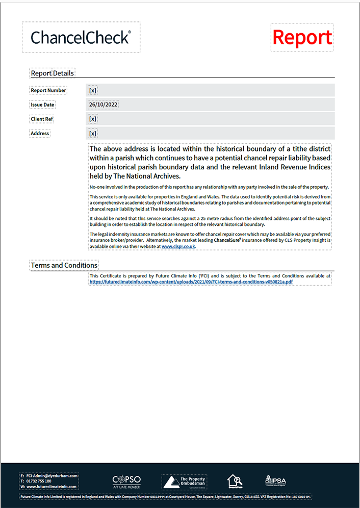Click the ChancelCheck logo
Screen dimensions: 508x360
click(x=81, y=37)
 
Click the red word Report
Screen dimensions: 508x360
click(x=302, y=37)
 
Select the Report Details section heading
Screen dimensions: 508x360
click(x=53, y=73)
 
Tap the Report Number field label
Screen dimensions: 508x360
click(x=48, y=90)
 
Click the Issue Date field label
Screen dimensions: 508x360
click(x=42, y=105)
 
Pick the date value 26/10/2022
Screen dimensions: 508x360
click(x=103, y=105)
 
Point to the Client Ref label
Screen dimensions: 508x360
click(x=42, y=119)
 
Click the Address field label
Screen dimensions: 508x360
click(x=40, y=133)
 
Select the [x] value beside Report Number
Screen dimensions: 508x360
click(x=92, y=90)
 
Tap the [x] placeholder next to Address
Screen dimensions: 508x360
click(x=92, y=133)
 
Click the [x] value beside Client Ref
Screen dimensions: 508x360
click(x=92, y=119)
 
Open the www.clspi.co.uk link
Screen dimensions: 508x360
click(x=178, y=246)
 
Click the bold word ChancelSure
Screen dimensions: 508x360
click(x=227, y=240)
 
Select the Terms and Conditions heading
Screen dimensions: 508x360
click(x=64, y=265)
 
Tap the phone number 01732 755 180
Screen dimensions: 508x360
click(x=39, y=481)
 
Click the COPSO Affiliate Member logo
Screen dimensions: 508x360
click(x=126, y=481)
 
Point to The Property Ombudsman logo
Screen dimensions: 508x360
click(x=185, y=481)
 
